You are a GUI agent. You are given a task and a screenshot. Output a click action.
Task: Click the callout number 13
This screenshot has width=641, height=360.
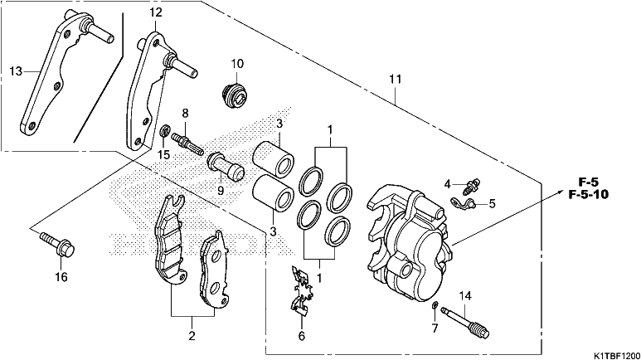coord(16,71)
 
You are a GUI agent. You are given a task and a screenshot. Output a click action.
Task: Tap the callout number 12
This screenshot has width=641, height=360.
coord(156,12)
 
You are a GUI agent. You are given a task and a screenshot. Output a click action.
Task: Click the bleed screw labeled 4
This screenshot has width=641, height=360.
coord(471,185)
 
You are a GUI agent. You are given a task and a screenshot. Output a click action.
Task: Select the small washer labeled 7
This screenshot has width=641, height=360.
coord(436,304)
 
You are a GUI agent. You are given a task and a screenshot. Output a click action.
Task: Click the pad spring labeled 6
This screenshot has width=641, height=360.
coord(302,291)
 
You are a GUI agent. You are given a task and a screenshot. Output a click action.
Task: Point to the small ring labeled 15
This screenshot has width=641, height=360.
coord(164,131)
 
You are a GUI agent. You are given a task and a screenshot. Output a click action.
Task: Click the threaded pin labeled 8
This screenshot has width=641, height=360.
coord(187,144)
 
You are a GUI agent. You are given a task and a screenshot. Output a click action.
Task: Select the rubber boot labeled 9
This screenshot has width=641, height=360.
coord(226,167)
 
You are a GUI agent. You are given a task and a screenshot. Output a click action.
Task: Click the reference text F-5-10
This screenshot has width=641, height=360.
coord(588,194)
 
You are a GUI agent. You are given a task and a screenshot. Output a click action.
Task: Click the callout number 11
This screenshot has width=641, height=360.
coord(395,79)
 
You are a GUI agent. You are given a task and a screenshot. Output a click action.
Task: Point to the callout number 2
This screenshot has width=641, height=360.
coord(192,336)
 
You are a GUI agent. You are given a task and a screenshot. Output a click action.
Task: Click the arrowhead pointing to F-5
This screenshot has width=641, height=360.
coord(558,189)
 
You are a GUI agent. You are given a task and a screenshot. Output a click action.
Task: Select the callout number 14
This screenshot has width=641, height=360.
coord(465,296)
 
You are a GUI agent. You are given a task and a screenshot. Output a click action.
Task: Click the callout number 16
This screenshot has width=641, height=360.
coord(61,277)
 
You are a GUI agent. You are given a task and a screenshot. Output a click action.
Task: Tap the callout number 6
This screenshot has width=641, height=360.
coord(301,336)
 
